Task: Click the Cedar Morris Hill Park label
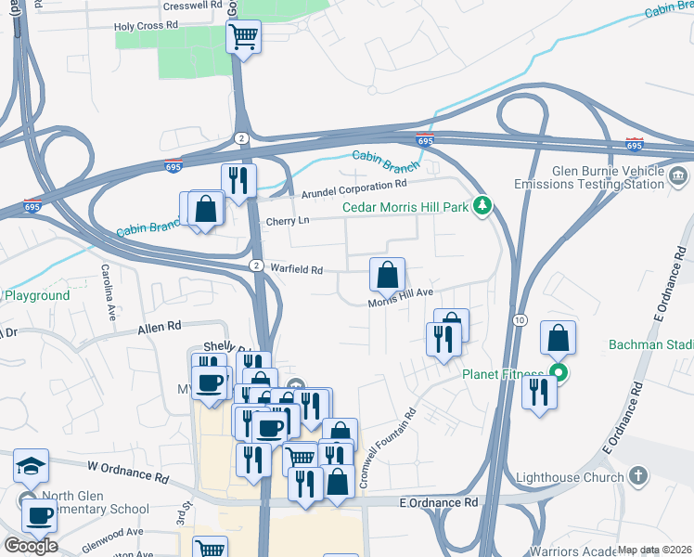(x=405, y=207)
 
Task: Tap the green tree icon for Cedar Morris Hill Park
(x=482, y=205)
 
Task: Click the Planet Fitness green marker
(x=558, y=375)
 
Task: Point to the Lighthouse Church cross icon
(x=636, y=477)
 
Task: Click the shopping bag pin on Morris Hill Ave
(x=388, y=275)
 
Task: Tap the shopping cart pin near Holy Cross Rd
(x=243, y=37)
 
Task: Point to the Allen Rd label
(x=159, y=328)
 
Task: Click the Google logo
(x=31, y=546)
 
